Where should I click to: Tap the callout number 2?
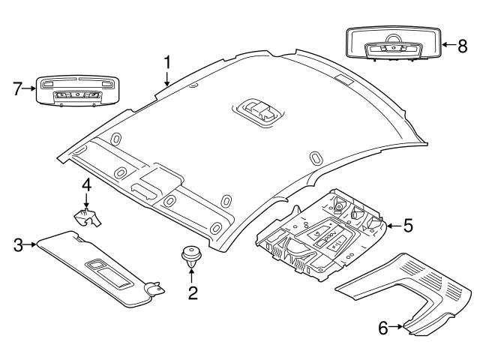(193, 292)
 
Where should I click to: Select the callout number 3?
(17, 244)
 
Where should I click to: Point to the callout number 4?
(86, 184)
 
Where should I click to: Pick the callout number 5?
(408, 224)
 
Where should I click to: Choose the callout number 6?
(383, 327)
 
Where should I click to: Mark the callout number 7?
(16, 88)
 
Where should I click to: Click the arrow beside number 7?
(30, 88)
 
